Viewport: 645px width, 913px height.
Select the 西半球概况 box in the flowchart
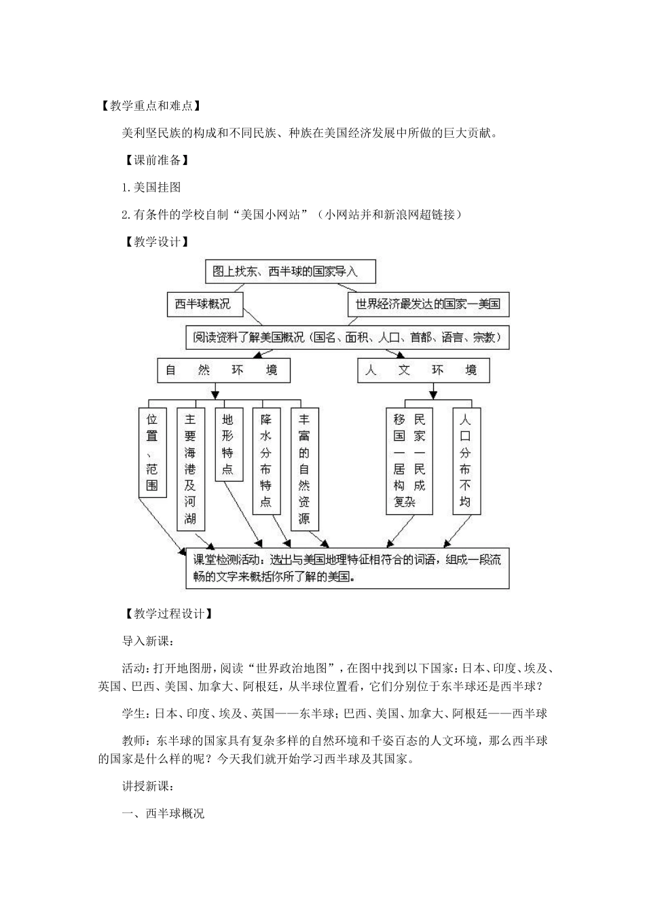click(204, 304)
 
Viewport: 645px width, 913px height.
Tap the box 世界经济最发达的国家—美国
click(428, 304)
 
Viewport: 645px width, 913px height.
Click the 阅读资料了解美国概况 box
click(347, 337)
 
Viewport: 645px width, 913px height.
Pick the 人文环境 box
click(423, 370)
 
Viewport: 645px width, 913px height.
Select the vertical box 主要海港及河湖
click(190, 469)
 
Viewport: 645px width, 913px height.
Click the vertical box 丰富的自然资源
click(304, 469)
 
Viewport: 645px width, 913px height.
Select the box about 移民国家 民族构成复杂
click(409, 461)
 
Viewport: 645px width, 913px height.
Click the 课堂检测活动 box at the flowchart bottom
click(347, 569)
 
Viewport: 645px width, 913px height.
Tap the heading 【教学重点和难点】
click(147, 106)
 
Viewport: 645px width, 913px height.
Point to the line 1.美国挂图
click(151, 187)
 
